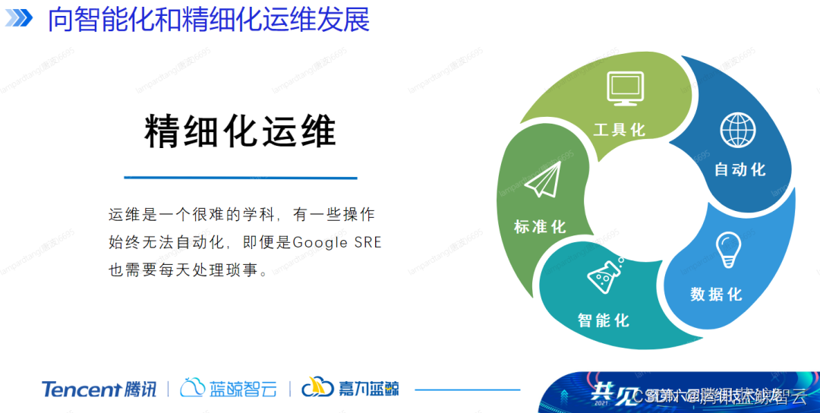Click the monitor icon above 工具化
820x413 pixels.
[625, 89]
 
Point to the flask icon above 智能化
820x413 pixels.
[605, 275]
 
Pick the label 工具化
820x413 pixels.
[620, 130]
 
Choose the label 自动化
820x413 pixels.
[740, 169]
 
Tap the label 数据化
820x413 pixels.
[716, 294]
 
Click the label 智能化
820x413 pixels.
[604, 320]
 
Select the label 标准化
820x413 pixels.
[540, 226]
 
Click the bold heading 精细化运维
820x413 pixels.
[240, 131]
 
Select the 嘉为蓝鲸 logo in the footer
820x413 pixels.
[350, 388]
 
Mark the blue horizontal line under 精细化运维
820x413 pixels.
[240, 178]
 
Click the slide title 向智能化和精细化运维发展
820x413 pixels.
[209, 19]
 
